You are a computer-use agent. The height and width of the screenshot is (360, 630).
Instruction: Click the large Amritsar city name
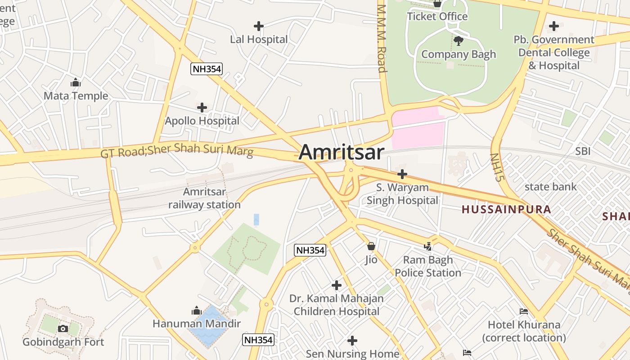(341, 152)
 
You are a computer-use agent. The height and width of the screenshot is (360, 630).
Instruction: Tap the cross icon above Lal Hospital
(259, 26)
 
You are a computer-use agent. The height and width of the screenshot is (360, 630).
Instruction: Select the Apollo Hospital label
(202, 121)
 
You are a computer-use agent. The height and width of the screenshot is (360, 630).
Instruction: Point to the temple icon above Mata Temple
(76, 83)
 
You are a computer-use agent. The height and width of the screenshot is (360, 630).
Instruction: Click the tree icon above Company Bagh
(459, 41)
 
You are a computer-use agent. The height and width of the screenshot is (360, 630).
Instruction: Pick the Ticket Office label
(437, 17)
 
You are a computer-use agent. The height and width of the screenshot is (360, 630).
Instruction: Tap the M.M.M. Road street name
(382, 38)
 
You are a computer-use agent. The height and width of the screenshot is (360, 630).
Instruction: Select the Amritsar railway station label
(205, 198)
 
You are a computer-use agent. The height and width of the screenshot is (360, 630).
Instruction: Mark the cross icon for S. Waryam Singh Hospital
(402, 174)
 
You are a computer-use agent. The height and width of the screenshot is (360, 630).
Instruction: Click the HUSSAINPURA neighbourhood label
(506, 209)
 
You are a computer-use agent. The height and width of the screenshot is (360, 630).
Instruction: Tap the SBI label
(582, 151)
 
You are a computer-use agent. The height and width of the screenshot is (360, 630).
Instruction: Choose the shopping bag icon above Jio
(371, 246)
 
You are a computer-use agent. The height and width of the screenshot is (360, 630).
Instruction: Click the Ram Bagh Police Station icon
(427, 247)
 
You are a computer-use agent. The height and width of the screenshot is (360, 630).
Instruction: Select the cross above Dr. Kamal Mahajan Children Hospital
(337, 285)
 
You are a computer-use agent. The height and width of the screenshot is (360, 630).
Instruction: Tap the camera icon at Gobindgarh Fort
(63, 328)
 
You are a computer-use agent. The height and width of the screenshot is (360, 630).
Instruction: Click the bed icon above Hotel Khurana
(524, 311)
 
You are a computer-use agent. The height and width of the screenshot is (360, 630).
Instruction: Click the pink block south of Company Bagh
(417, 128)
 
